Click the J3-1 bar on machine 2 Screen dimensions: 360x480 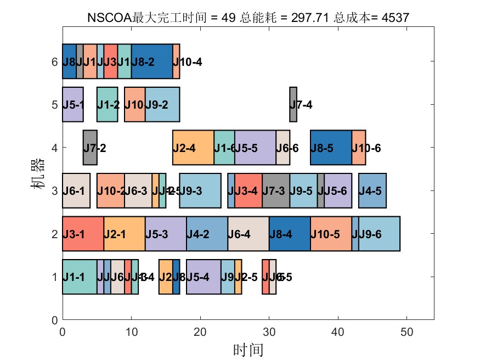[83, 234]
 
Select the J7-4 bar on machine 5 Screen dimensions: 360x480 [293, 104]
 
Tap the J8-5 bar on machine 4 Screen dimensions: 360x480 [331, 148]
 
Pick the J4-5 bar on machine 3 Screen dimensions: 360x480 [372, 190]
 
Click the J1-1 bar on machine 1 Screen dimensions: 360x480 [80, 277]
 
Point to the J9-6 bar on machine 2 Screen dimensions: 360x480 [379, 234]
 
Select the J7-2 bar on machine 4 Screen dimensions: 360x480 [90, 148]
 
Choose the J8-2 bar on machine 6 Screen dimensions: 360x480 [152, 61]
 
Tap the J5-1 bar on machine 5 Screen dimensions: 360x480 [72, 104]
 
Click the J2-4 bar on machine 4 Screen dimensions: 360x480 [193, 148]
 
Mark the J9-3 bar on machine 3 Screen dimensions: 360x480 [200, 190]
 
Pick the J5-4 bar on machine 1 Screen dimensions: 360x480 [204, 277]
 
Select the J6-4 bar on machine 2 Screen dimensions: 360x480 [249, 234]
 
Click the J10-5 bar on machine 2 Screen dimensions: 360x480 [331, 234]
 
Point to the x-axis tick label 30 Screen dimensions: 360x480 [269, 331]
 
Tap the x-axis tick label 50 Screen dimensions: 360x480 [406, 331]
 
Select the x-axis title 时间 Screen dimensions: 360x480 [248, 349]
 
